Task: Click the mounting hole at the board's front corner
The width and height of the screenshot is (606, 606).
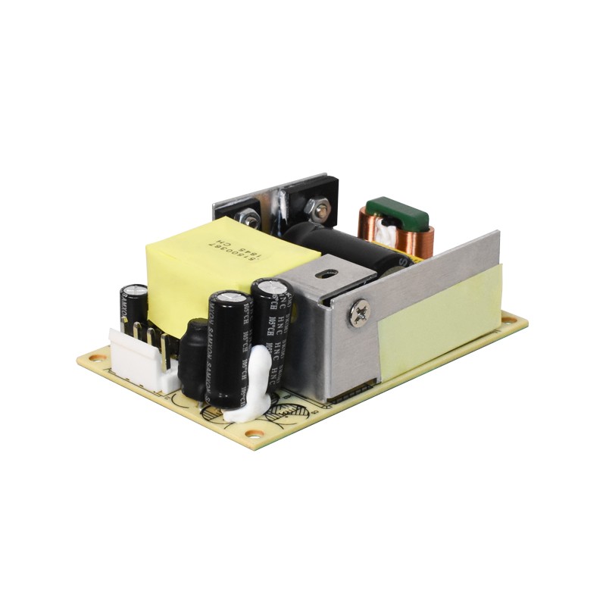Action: [x=256, y=433]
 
